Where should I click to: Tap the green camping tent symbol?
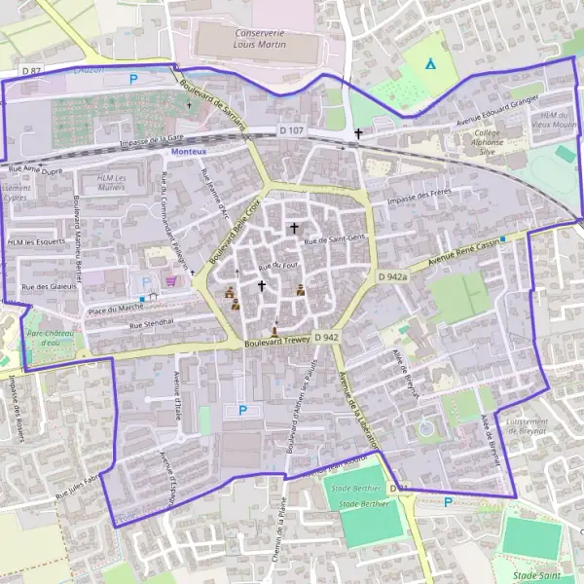click(x=430, y=64)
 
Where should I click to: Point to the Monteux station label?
click(x=188, y=153)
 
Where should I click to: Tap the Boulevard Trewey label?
click(x=275, y=342)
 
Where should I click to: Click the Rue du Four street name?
click(x=277, y=265)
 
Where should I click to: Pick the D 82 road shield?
click(x=32, y=71)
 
